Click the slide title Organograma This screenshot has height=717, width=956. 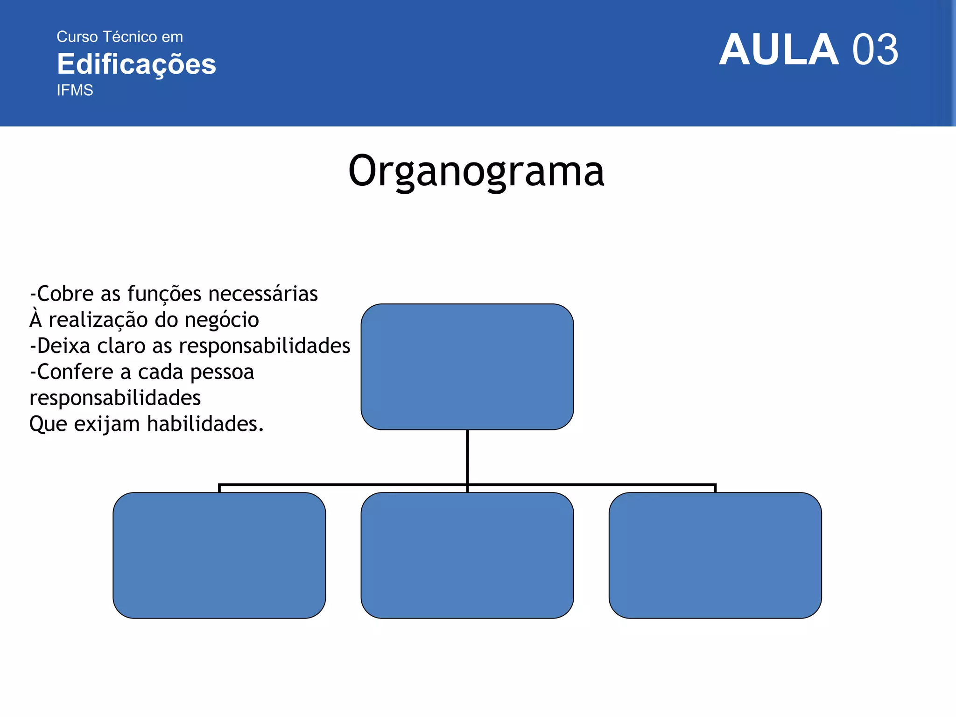pos(476,172)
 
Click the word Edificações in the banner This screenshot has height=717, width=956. pos(136,64)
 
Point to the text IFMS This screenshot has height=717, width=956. pos(75,90)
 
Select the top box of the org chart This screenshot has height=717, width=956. pos(467,366)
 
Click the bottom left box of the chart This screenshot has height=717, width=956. pos(219,555)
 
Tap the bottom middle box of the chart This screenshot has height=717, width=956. pos(467,555)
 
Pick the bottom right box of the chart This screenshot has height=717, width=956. pos(715,555)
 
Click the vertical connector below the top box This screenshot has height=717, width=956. pos(467,457)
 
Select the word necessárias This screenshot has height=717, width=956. pos(263,294)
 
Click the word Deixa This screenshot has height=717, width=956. pos(63,346)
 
